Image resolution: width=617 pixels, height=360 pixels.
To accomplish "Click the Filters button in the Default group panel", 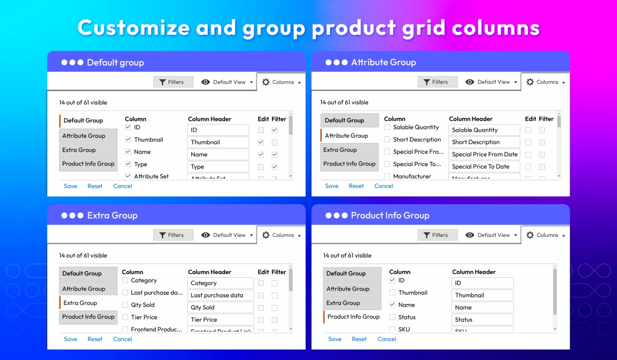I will pos(173,82).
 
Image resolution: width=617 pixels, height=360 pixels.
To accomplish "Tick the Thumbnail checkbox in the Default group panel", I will pos(129,139).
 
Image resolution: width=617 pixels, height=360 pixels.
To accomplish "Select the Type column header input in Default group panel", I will pos(218,167).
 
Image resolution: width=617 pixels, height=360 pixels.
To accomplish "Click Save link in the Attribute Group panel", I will pos(332,186).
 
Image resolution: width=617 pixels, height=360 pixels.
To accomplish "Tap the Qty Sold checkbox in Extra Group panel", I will pos(125,305).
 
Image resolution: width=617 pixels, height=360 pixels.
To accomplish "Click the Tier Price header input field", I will pos(221,319).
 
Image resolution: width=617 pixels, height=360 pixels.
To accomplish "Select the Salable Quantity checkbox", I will pos(388,127).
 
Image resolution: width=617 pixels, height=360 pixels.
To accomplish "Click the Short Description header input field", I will pos(484,142).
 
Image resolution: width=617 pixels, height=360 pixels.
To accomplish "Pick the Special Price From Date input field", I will pos(484,154).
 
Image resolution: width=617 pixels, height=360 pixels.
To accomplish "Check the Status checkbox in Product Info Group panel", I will pos(393,317).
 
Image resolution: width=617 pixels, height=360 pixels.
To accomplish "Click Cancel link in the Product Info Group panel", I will pos(387,339).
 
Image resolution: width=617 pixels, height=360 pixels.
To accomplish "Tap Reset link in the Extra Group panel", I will pos(95,339).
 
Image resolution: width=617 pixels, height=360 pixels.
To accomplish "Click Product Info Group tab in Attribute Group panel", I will pos(350,164).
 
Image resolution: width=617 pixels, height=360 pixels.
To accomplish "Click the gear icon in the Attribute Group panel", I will pos(530,82).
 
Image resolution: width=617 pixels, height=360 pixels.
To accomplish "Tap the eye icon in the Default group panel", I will pos(206,82).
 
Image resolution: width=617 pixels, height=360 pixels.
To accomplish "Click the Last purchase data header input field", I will pos(221,295).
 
